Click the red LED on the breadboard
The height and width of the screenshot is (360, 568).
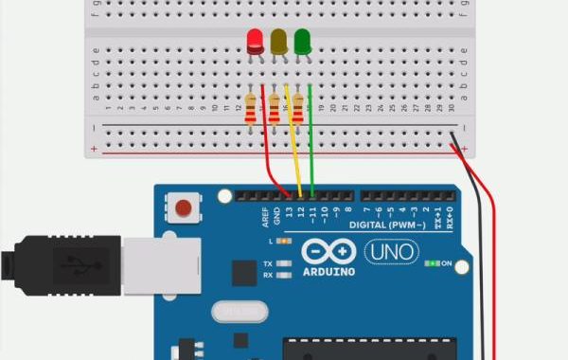click(x=256, y=42)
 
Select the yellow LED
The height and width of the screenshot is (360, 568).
click(x=279, y=42)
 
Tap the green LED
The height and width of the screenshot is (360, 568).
click(x=303, y=42)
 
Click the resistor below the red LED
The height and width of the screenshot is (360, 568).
click(x=250, y=108)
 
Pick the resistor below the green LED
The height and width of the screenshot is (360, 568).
click(x=298, y=108)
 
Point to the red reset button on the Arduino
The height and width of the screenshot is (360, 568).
click(x=184, y=207)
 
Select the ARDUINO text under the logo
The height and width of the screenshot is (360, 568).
click(x=328, y=272)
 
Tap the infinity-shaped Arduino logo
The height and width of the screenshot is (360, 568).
click(x=328, y=252)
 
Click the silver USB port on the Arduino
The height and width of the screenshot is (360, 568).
click(x=161, y=263)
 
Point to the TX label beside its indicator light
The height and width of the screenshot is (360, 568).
click(x=268, y=262)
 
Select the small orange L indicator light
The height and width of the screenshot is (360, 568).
click(x=280, y=243)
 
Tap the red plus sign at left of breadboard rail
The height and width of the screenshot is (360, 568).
click(x=93, y=149)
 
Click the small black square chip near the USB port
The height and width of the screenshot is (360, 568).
click(x=244, y=274)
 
